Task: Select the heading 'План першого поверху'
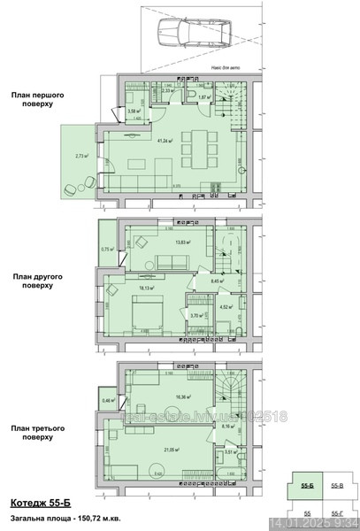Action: click(x=32, y=98)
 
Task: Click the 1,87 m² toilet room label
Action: click(x=203, y=97)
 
